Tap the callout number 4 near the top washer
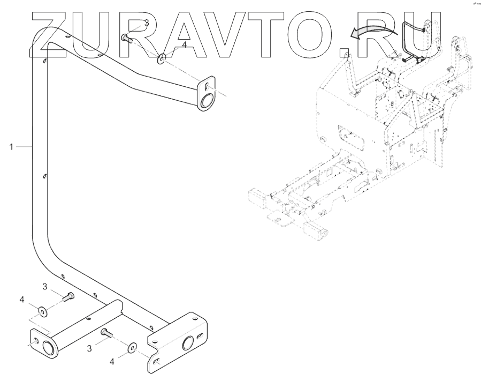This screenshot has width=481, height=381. tap(184, 46)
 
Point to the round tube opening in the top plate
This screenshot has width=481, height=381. tap(205, 100)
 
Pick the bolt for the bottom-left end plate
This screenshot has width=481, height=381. tap(68, 296)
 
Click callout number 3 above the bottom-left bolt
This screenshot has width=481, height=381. tap(46, 288)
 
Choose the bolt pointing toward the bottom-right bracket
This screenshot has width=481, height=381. tap(106, 333)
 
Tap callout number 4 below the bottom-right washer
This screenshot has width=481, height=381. tap(112, 362)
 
